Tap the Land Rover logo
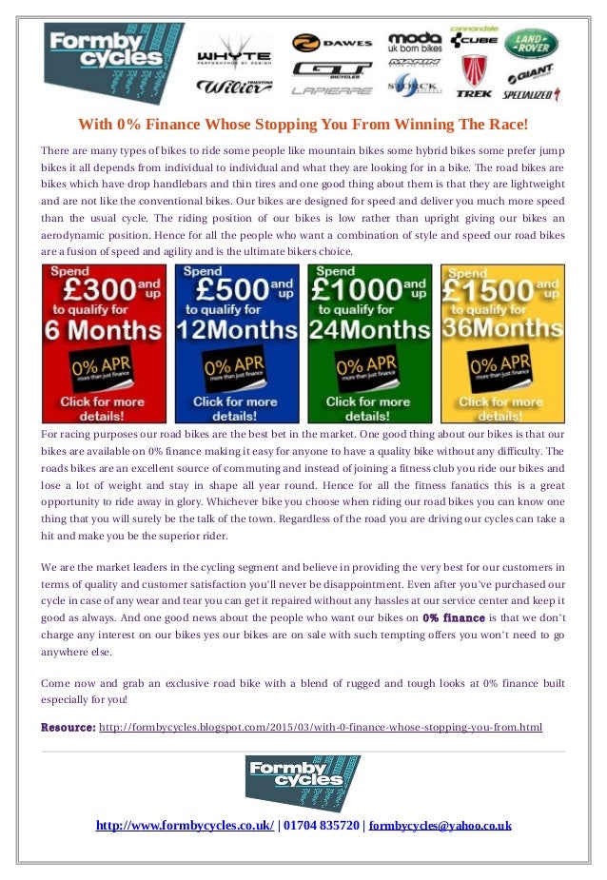pyautogui.click(x=531, y=44)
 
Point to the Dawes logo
pyautogui.click(x=320, y=43)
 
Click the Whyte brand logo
pyautogui.click(x=233, y=56)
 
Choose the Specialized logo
pyautogui.click(x=533, y=95)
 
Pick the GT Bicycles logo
pyautogui.click(x=320, y=69)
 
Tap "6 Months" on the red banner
pyautogui.click(x=103, y=330)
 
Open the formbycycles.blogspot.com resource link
pyautogui.click(x=321, y=728)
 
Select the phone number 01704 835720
pyautogui.click(x=321, y=825)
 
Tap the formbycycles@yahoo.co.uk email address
pyautogui.click(x=440, y=825)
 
